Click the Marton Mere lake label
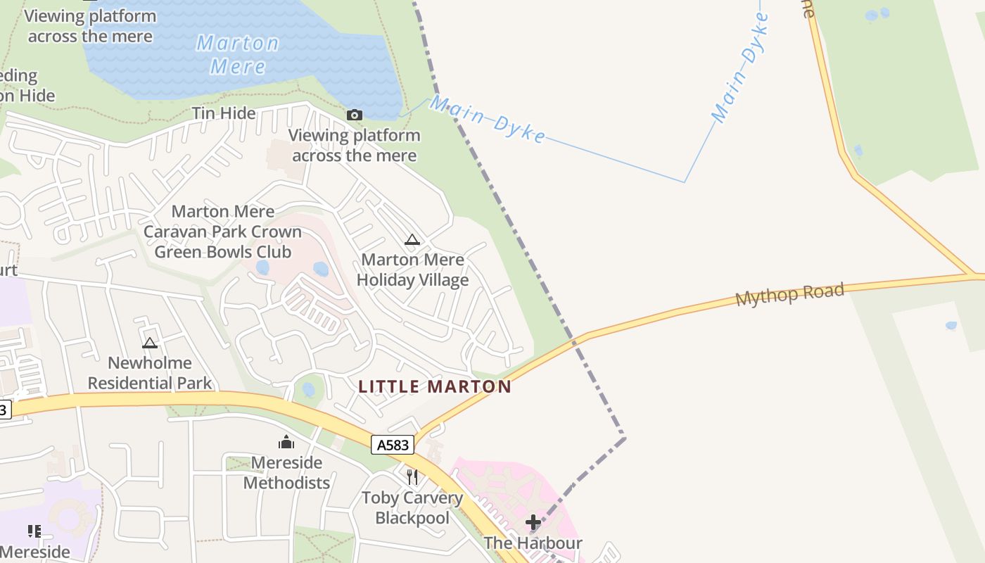click(x=237, y=54)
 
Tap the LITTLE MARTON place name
click(x=435, y=386)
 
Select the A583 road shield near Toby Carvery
click(x=393, y=445)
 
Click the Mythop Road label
click(x=789, y=294)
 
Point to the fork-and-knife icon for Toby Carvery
click(x=412, y=477)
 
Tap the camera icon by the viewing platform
click(x=355, y=115)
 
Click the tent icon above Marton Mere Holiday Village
click(x=412, y=239)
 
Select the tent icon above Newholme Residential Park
click(x=149, y=343)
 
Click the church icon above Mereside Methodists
click(x=286, y=442)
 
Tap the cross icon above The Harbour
click(x=533, y=522)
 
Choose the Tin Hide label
click(x=224, y=113)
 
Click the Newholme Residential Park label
click(x=150, y=373)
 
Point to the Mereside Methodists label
click(x=286, y=472)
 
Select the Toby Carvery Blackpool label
click(x=412, y=507)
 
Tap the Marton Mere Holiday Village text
click(x=412, y=270)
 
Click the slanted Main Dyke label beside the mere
click(x=487, y=119)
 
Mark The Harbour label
click(x=533, y=543)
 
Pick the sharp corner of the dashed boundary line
click(x=624, y=438)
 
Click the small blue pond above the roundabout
click(x=308, y=389)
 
